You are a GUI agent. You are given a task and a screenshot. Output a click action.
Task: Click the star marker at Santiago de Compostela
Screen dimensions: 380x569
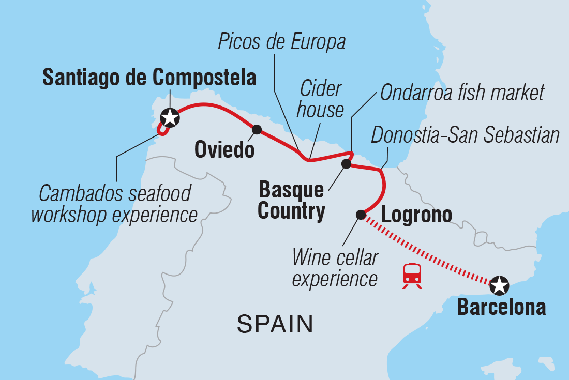(170, 118)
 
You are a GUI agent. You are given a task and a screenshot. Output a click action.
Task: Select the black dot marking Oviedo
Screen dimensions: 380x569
(256, 129)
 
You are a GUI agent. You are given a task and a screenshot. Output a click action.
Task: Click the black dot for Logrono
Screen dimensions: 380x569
(361, 215)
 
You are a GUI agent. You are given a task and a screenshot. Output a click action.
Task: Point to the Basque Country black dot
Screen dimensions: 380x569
(346, 164)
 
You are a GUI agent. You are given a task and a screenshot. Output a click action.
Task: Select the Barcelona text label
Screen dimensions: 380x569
(501, 307)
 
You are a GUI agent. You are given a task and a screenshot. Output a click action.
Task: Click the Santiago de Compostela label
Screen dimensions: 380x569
(149, 78)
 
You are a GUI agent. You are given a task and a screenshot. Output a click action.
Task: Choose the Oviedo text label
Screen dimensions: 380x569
(224, 150)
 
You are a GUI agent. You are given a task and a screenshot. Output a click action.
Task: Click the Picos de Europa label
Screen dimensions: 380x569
(281, 42)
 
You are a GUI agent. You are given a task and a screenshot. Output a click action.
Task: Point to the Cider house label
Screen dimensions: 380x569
(321, 99)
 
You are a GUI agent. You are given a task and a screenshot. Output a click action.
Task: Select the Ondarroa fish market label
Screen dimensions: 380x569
(462, 93)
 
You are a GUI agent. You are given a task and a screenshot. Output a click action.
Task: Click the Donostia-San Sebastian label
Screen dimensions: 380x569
(466, 135)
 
